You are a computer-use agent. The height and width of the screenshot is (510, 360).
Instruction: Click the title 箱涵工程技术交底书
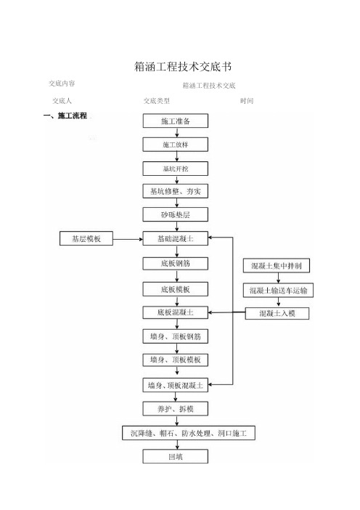click(183, 67)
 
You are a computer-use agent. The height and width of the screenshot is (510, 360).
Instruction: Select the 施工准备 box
click(176, 121)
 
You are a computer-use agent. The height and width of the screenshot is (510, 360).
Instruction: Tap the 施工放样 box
click(176, 145)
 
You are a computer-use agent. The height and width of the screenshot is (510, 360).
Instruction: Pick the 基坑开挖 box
click(176, 169)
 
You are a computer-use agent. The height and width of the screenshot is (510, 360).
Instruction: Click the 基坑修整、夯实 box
click(176, 191)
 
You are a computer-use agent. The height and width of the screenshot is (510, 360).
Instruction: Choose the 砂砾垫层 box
click(176, 214)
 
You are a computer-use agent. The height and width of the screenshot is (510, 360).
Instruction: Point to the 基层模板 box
click(86, 238)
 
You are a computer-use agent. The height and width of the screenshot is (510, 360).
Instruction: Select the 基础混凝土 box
click(176, 238)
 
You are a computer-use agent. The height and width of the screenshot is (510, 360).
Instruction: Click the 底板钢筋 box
click(176, 264)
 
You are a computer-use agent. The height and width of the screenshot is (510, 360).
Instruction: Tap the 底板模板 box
click(176, 289)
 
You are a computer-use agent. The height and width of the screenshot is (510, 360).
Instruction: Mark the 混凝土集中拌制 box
click(277, 266)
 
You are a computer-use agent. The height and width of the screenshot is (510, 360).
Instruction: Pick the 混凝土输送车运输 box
click(279, 291)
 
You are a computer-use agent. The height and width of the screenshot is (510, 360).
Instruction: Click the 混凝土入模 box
click(277, 314)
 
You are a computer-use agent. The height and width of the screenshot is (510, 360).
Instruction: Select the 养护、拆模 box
click(176, 409)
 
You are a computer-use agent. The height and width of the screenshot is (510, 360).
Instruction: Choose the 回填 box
click(176, 456)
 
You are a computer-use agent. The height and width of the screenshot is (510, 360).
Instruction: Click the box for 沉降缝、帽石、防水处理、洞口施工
click(189, 433)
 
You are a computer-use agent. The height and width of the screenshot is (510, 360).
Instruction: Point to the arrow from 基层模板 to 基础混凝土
click(128, 240)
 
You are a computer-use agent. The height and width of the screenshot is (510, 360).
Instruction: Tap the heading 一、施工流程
click(65, 116)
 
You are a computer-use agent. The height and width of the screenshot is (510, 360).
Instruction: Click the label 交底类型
click(157, 101)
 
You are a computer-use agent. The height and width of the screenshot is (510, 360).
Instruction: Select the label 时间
click(247, 101)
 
